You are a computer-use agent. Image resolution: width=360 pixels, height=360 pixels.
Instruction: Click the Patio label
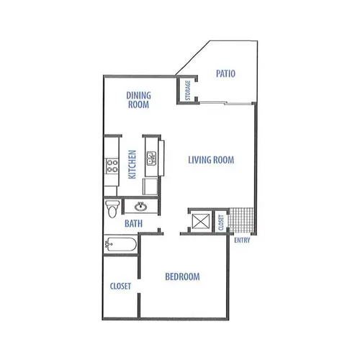[x=225, y=73]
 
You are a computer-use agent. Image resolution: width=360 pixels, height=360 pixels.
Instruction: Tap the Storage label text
[x=188, y=90]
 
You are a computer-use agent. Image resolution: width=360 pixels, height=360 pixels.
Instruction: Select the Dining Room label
[x=138, y=100]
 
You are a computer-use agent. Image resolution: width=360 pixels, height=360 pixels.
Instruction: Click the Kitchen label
[x=132, y=164]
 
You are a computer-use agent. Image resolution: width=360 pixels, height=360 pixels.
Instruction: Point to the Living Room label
[x=211, y=160]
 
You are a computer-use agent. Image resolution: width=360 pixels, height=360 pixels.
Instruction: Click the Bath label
[x=133, y=224]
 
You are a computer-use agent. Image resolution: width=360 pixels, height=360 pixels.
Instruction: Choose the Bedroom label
[x=182, y=276]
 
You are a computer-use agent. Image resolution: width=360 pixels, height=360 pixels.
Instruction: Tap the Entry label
[x=242, y=240]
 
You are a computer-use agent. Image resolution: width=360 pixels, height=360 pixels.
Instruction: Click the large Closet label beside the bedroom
[x=120, y=286]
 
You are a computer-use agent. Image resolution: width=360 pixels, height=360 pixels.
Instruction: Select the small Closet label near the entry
[x=221, y=222]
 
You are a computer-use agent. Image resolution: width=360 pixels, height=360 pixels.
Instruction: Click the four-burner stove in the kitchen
[x=112, y=166]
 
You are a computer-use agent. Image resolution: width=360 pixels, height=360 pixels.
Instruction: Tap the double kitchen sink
[x=151, y=158]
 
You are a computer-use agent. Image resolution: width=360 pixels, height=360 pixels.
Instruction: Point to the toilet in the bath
[x=112, y=209]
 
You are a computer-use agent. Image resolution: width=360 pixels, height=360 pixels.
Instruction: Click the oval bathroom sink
[x=141, y=207]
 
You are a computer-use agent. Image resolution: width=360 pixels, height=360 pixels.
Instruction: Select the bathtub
[x=121, y=244]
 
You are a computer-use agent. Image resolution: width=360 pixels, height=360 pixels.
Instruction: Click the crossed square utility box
[x=201, y=221]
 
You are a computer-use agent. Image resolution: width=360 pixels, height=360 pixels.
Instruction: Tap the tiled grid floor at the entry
[x=240, y=220]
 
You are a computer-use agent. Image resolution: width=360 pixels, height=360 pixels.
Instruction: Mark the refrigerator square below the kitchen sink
[x=150, y=186]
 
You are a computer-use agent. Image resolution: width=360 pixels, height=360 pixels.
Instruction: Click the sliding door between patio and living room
[x=225, y=104]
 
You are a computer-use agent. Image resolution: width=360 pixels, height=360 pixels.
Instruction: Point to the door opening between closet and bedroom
[x=139, y=286]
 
